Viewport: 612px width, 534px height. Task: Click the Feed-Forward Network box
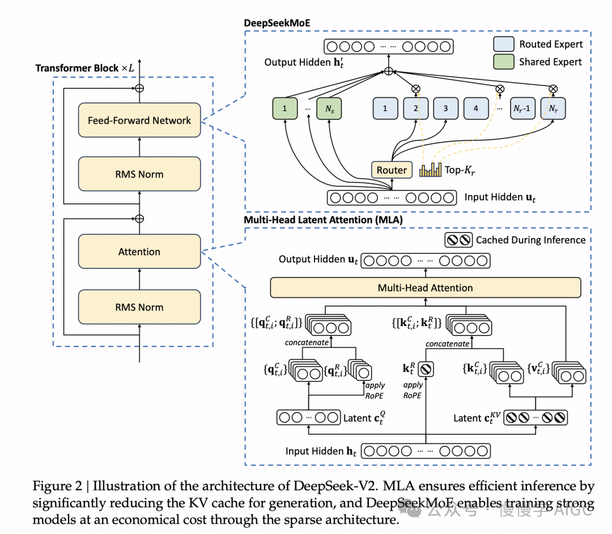tap(139, 120)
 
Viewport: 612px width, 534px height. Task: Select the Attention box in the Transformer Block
tap(139, 252)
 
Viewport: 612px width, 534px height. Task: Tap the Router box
tap(392, 170)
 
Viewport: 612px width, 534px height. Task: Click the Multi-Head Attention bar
tap(426, 288)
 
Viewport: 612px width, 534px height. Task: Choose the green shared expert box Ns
tap(328, 108)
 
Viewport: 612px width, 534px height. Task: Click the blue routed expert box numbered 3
tap(445, 108)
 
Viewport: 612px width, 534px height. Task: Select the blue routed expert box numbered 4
tap(475, 108)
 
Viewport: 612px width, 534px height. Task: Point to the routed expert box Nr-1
tap(522, 108)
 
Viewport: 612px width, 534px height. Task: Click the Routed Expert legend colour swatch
tap(503, 44)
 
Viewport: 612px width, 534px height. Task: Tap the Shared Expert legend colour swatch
tap(503, 62)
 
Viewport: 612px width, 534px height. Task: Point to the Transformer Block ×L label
tap(86, 68)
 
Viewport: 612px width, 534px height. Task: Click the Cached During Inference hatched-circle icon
tap(458, 240)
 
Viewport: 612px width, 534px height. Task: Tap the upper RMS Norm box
tap(139, 174)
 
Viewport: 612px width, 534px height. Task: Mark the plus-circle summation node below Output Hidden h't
tap(388, 71)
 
